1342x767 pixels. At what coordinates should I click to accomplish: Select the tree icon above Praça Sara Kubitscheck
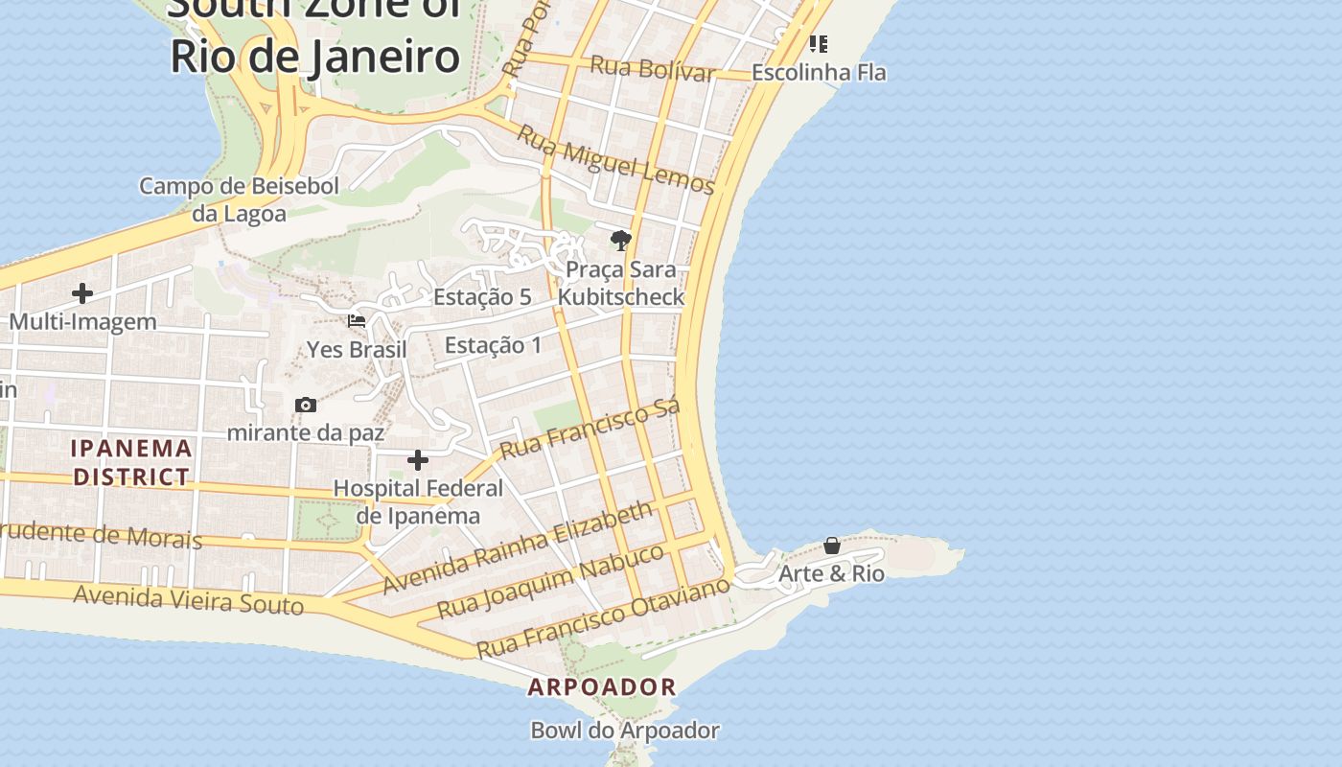621,240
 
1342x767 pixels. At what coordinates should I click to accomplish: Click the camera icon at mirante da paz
306,405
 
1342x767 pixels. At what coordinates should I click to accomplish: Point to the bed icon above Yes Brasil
357,321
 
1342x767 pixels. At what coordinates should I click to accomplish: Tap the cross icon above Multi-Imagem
82,293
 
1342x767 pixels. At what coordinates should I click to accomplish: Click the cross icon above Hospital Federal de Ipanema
418,460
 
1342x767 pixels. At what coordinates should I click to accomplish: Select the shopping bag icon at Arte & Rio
832,546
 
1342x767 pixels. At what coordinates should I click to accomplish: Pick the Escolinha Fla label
819,73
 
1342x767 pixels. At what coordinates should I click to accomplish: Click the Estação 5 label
482,297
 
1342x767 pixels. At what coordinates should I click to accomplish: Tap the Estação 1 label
493,345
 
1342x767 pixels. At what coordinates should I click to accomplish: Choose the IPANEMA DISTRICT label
131,462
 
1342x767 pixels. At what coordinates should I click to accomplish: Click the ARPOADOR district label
602,686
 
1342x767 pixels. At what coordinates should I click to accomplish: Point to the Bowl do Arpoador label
625,731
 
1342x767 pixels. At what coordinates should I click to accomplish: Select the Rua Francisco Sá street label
590,429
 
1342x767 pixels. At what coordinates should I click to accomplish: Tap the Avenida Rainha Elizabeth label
518,547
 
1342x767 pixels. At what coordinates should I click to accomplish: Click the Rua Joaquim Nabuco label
550,580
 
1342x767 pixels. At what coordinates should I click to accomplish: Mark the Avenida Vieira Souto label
189,600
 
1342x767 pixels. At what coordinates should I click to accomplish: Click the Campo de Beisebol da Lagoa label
239,199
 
